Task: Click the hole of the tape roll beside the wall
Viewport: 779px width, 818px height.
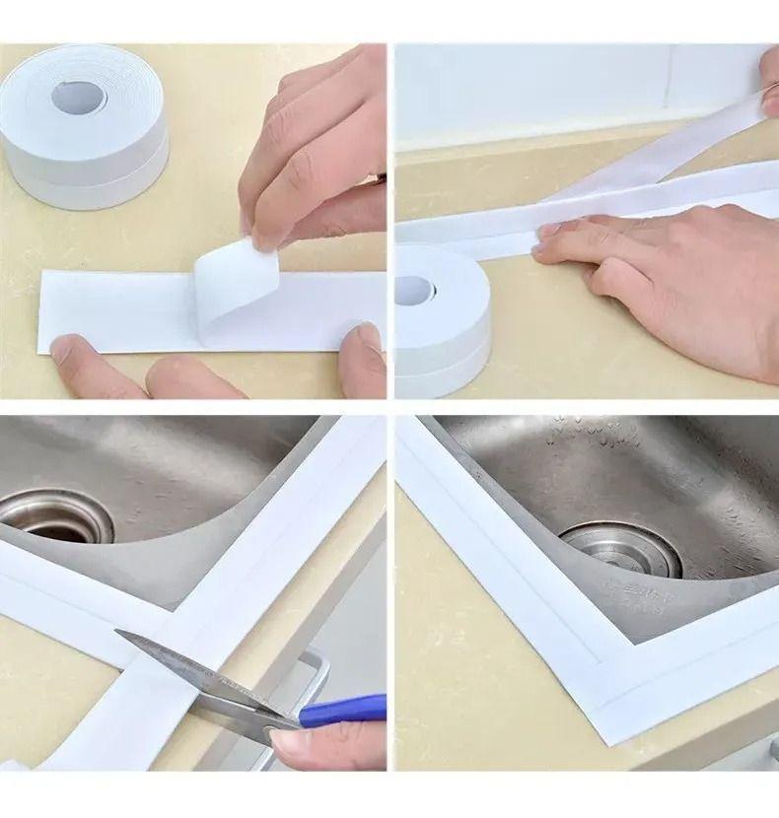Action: coord(414,291)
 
